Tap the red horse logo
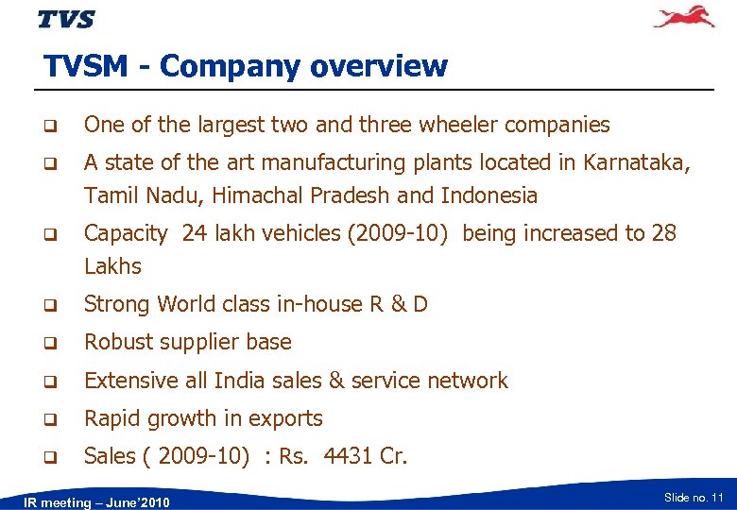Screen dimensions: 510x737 [684, 17]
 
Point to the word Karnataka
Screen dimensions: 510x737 [636, 162]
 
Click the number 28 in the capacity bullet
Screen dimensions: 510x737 [663, 233]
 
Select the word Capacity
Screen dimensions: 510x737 [126, 233]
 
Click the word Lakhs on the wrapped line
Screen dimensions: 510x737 [112, 266]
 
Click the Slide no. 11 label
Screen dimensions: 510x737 [694, 497]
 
